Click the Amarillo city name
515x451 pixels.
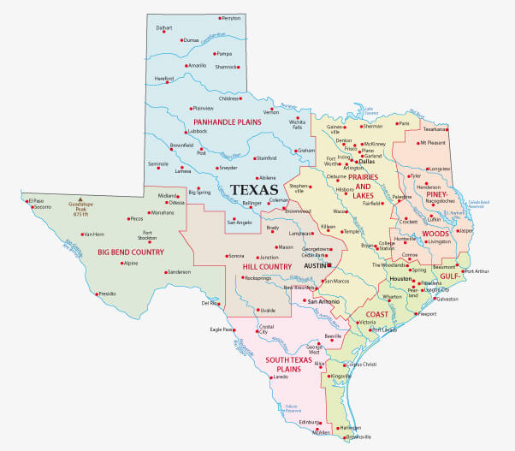tap(197, 65)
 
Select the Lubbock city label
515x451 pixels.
tap(198, 131)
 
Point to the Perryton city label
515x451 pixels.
tap(230, 17)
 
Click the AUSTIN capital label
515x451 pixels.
tap(313, 267)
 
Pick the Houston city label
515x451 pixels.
tap(401, 280)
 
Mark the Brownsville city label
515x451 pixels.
tap(358, 436)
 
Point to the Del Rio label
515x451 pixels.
tap(210, 303)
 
